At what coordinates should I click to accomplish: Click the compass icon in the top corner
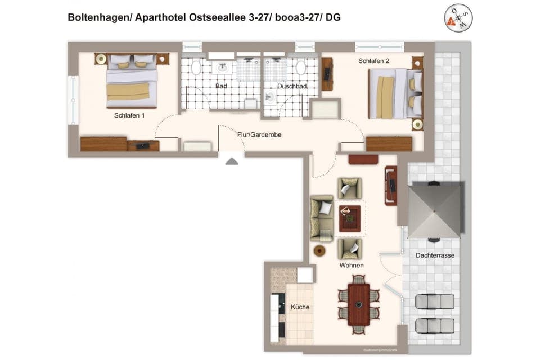[458, 18]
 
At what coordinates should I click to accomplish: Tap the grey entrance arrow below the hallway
[232, 161]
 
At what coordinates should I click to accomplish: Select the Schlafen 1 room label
[129, 116]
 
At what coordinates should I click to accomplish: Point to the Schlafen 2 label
[374, 61]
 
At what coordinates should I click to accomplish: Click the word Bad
[221, 87]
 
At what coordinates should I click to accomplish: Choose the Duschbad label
[292, 87]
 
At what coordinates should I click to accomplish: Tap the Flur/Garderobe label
[259, 135]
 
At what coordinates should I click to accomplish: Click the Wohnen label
[351, 265]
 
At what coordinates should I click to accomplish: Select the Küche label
[300, 307]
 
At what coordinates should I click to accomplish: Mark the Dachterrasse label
[435, 255]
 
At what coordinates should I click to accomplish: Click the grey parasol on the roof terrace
[434, 209]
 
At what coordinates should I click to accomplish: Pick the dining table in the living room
[358, 304]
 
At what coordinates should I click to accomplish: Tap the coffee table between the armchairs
[349, 218]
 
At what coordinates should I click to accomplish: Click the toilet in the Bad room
[196, 68]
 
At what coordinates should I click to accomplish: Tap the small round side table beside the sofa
[320, 250]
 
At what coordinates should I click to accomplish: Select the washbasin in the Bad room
[222, 67]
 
